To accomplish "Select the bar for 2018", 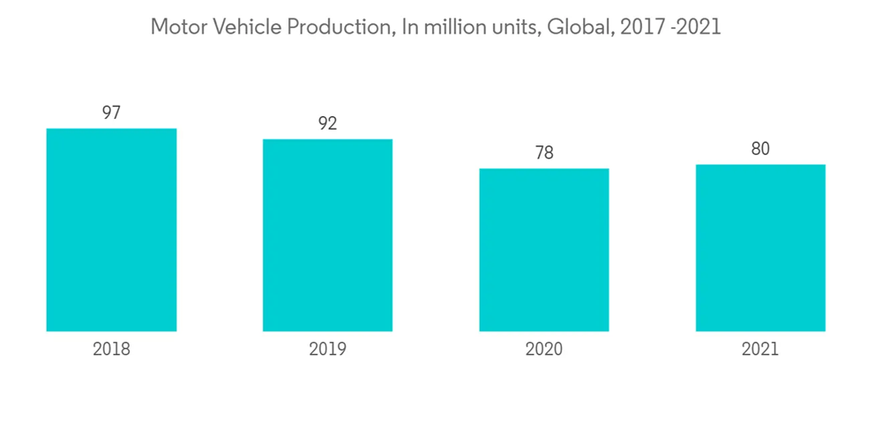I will click(x=111, y=230).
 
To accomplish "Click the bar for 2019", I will click(x=327, y=235).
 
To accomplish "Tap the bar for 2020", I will click(x=544, y=250).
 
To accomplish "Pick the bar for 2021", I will click(x=760, y=248).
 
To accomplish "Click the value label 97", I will click(x=111, y=113).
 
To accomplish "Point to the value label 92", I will click(x=327, y=123).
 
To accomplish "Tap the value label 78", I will click(x=544, y=153).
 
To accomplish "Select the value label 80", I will click(x=760, y=149).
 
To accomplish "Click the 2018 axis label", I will click(x=111, y=350).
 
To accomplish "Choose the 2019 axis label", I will click(x=327, y=350).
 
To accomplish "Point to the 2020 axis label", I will click(x=544, y=350).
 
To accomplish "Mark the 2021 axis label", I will click(x=760, y=350).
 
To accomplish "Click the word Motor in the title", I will click(x=177, y=27).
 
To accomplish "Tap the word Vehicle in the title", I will click(x=241, y=27).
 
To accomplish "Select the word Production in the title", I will click(x=336, y=27).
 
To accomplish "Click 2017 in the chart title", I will click(x=640, y=27).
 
